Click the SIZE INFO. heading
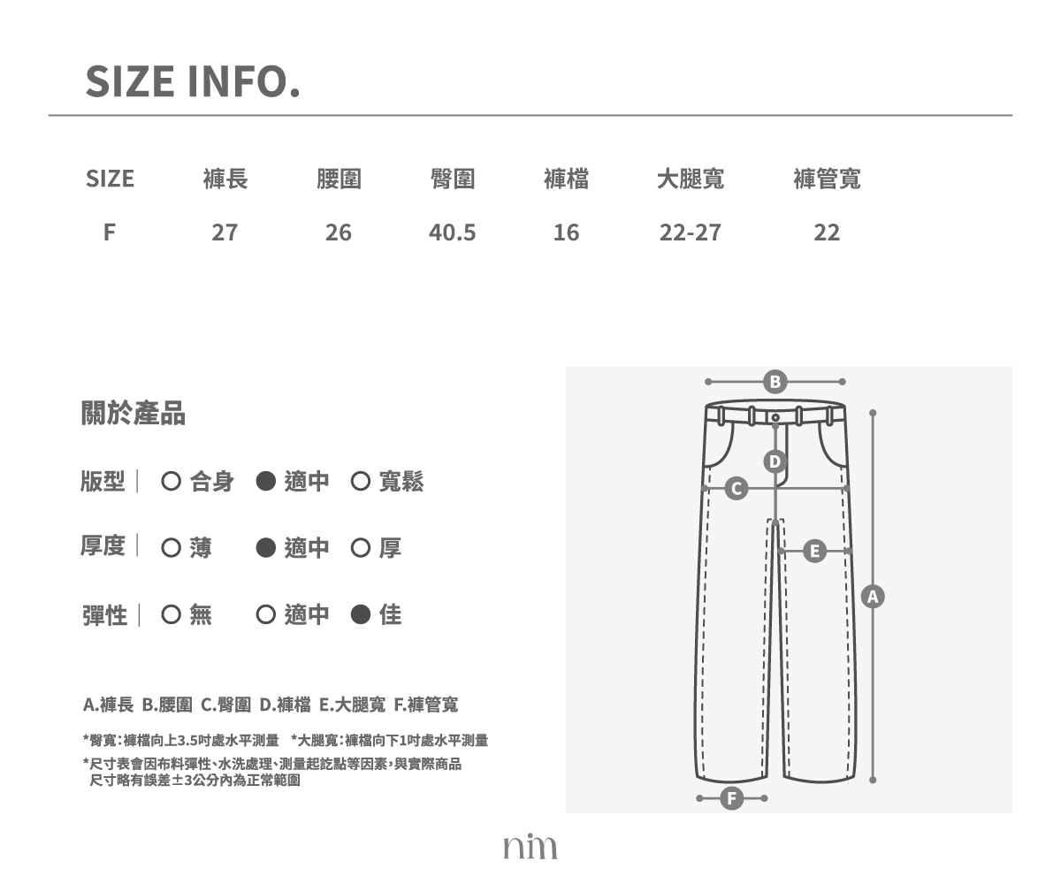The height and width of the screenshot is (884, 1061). [x=193, y=81]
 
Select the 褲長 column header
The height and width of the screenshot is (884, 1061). [x=225, y=179]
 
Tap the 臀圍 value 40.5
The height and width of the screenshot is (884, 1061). [x=452, y=232]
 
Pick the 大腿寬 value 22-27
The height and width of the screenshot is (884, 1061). [x=690, y=232]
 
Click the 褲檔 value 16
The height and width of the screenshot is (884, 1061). [x=566, y=232]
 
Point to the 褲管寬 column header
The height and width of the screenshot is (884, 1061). [x=827, y=179]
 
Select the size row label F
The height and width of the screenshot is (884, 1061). [x=110, y=232]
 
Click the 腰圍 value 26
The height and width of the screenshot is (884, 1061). [x=339, y=232]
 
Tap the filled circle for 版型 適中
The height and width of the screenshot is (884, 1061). [x=266, y=481]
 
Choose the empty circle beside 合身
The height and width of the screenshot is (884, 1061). [x=172, y=481]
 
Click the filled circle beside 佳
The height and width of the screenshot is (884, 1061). [x=360, y=614]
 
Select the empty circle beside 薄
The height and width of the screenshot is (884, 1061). [x=172, y=548]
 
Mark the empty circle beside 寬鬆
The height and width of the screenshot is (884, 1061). [x=360, y=481]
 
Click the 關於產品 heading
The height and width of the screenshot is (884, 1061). [x=134, y=413]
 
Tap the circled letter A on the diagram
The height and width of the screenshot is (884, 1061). [x=873, y=597]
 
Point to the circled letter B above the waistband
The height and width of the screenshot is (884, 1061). [x=775, y=382]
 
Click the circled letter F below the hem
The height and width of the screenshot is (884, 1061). [x=732, y=798]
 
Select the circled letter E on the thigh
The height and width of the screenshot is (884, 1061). [x=814, y=552]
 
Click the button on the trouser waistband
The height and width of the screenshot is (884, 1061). [x=775, y=417]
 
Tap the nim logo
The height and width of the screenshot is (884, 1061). [x=530, y=846]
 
